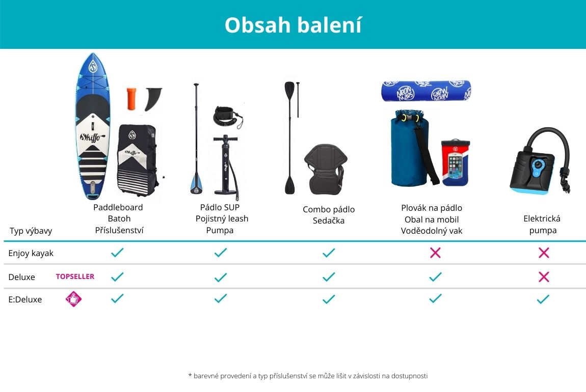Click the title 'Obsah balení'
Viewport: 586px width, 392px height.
point(293,25)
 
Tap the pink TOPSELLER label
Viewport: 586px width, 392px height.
point(75,276)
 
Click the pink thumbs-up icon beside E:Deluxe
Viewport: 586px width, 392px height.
point(73,299)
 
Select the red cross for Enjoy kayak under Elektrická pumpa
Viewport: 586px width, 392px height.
point(544,253)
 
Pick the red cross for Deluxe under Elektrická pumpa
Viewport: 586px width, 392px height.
point(544,276)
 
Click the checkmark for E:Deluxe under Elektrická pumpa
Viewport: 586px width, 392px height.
point(543,299)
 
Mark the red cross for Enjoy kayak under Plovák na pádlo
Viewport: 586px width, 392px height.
point(435,253)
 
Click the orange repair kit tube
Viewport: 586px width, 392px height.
point(131,99)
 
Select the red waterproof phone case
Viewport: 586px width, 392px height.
point(455,162)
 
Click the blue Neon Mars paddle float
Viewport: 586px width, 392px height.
point(426,91)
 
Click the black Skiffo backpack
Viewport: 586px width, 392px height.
point(137,160)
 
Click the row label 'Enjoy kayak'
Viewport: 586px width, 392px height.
point(31,253)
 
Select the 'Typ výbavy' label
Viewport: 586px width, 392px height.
point(31,231)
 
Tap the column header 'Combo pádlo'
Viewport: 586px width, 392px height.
point(329,209)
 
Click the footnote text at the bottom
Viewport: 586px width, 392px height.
point(308,376)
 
